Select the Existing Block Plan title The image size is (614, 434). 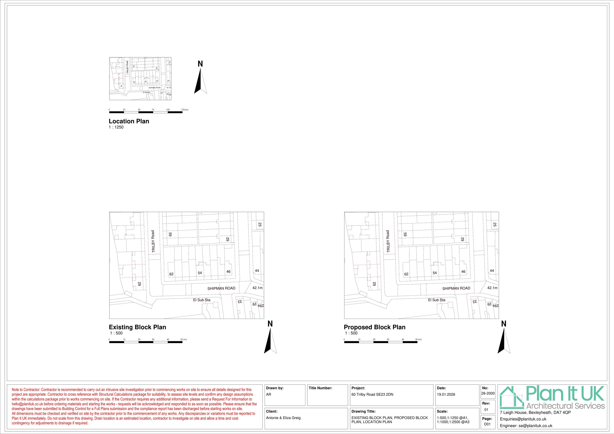click(138, 327)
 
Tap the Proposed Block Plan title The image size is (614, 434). click(374, 327)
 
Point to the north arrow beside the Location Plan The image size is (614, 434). click(201, 80)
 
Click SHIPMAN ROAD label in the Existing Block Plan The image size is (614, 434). click(221, 288)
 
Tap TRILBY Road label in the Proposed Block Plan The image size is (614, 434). click(388, 241)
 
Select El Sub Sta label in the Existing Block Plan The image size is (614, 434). click(202, 300)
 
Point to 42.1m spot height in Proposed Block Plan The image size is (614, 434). click(492, 288)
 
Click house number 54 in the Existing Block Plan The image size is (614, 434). click(200, 273)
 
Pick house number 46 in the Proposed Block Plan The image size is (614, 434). click(463, 272)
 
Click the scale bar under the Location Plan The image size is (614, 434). click(146, 112)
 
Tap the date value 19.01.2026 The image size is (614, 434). click(446, 394)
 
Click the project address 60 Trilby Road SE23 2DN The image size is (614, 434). click(372, 394)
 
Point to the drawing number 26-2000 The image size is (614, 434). click(488, 393)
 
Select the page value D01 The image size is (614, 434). click(487, 424)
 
